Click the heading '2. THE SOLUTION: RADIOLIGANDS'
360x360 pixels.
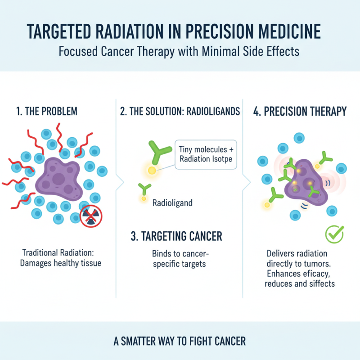(x=179, y=112)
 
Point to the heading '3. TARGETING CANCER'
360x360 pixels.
(x=179, y=236)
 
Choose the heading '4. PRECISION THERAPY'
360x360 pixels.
(x=300, y=112)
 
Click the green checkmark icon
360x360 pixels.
(x=334, y=234)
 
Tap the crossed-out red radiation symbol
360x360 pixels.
(x=91, y=217)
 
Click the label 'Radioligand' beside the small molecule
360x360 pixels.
(x=172, y=203)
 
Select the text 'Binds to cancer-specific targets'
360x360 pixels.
(x=179, y=258)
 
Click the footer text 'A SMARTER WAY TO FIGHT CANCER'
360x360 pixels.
(x=180, y=341)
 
